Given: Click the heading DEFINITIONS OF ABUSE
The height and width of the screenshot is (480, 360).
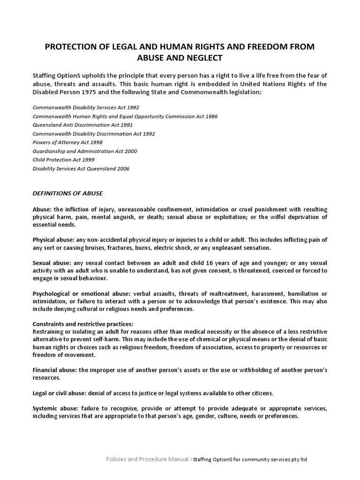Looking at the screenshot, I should [67, 193].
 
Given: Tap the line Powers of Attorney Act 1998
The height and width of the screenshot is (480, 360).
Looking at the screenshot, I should [67, 142].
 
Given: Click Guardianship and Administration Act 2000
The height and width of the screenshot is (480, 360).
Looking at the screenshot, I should [84, 151].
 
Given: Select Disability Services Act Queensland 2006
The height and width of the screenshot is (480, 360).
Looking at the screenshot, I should [81, 169].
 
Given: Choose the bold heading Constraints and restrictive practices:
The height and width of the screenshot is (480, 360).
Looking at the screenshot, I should [83, 324].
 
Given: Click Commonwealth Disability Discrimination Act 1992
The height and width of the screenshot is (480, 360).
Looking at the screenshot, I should [93, 134].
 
